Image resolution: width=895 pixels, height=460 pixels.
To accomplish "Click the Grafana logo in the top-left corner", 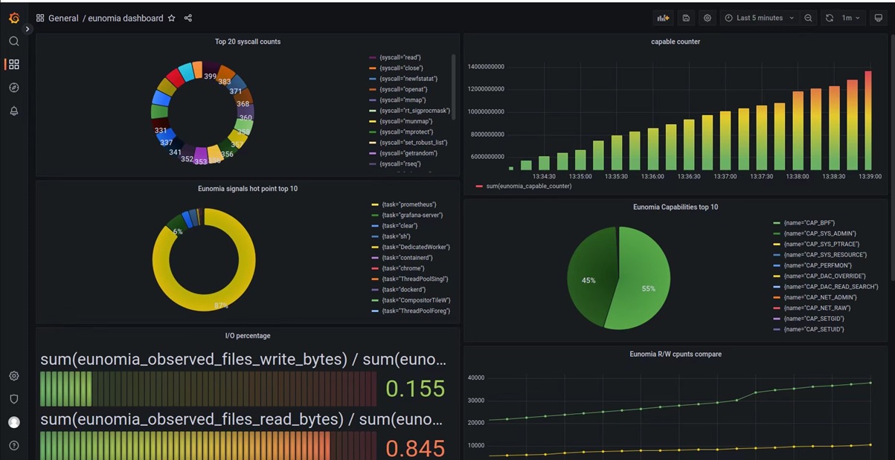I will click(x=13, y=18).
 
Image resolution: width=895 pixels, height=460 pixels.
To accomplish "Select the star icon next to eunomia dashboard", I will click(x=172, y=18).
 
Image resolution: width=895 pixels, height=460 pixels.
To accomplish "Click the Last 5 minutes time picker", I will click(x=758, y=18).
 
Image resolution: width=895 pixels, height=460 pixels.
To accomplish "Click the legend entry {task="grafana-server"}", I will click(x=411, y=215).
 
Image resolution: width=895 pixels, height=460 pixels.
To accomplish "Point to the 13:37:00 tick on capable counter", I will click(x=725, y=176).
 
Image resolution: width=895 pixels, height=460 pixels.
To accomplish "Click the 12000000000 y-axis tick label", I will click(x=486, y=89).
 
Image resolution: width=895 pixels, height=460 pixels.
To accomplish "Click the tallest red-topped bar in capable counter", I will click(x=867, y=119).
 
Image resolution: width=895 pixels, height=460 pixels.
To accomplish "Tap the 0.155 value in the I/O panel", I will click(x=415, y=388).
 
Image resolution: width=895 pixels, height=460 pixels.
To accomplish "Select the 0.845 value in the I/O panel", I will click(x=415, y=448).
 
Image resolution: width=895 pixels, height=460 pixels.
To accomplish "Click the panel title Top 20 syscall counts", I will click(x=248, y=42).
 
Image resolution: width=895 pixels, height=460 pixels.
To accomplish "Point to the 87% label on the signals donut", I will click(x=221, y=305).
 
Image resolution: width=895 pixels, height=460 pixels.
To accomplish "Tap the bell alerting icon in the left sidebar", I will click(x=13, y=111).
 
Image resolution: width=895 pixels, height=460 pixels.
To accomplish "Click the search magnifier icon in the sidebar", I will click(x=13, y=42).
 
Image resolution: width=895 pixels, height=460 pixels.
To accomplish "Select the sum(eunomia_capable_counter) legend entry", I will click(x=528, y=186).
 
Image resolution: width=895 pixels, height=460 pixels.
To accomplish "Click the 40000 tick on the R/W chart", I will click(x=475, y=378).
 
